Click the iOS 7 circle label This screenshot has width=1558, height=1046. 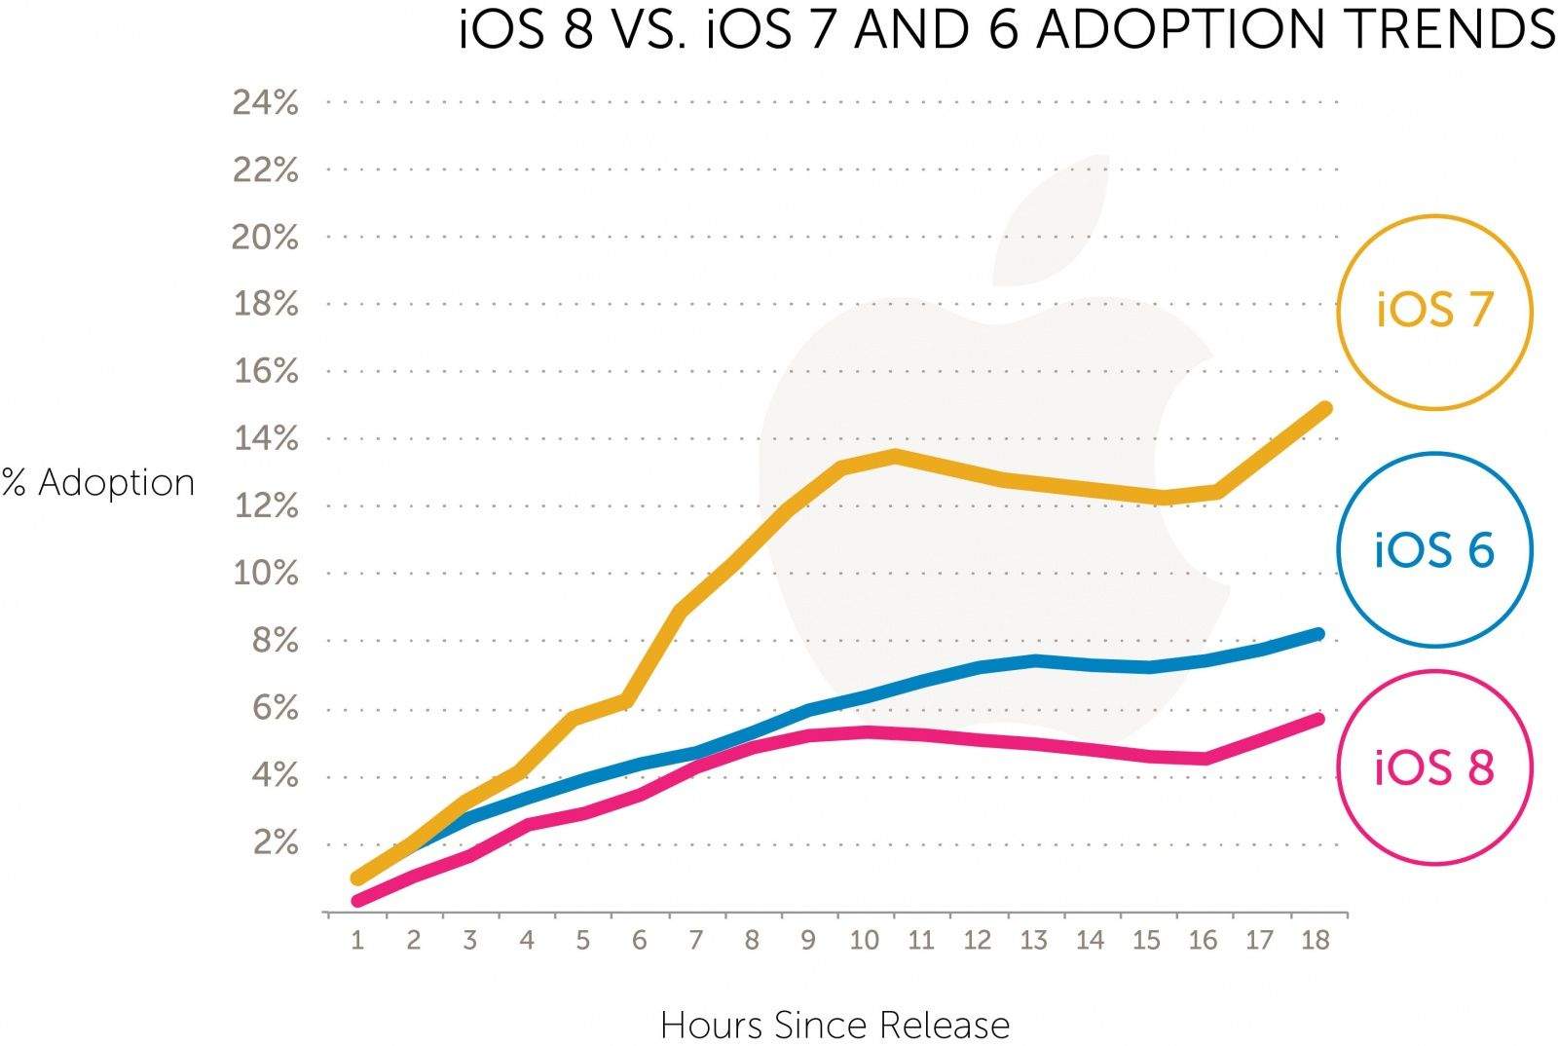click(1434, 311)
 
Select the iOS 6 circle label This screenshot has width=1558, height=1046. click(1434, 550)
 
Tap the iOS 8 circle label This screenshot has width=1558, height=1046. click(1434, 768)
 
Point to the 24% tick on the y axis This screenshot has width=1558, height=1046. click(265, 102)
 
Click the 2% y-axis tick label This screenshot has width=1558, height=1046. click(276, 842)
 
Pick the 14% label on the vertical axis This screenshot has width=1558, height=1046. click(265, 439)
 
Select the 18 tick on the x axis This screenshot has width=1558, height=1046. click(1316, 941)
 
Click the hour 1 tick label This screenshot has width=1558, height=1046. click(357, 941)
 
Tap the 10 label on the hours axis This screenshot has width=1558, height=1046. click(865, 941)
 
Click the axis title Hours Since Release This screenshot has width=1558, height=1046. click(835, 1025)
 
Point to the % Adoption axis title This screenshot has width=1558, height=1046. click(98, 483)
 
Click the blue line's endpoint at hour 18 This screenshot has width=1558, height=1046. click(1317, 635)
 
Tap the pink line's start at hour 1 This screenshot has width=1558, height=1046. click(358, 901)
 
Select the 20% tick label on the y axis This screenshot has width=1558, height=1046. click(265, 237)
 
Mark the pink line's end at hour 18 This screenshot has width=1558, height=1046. click(1317, 720)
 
